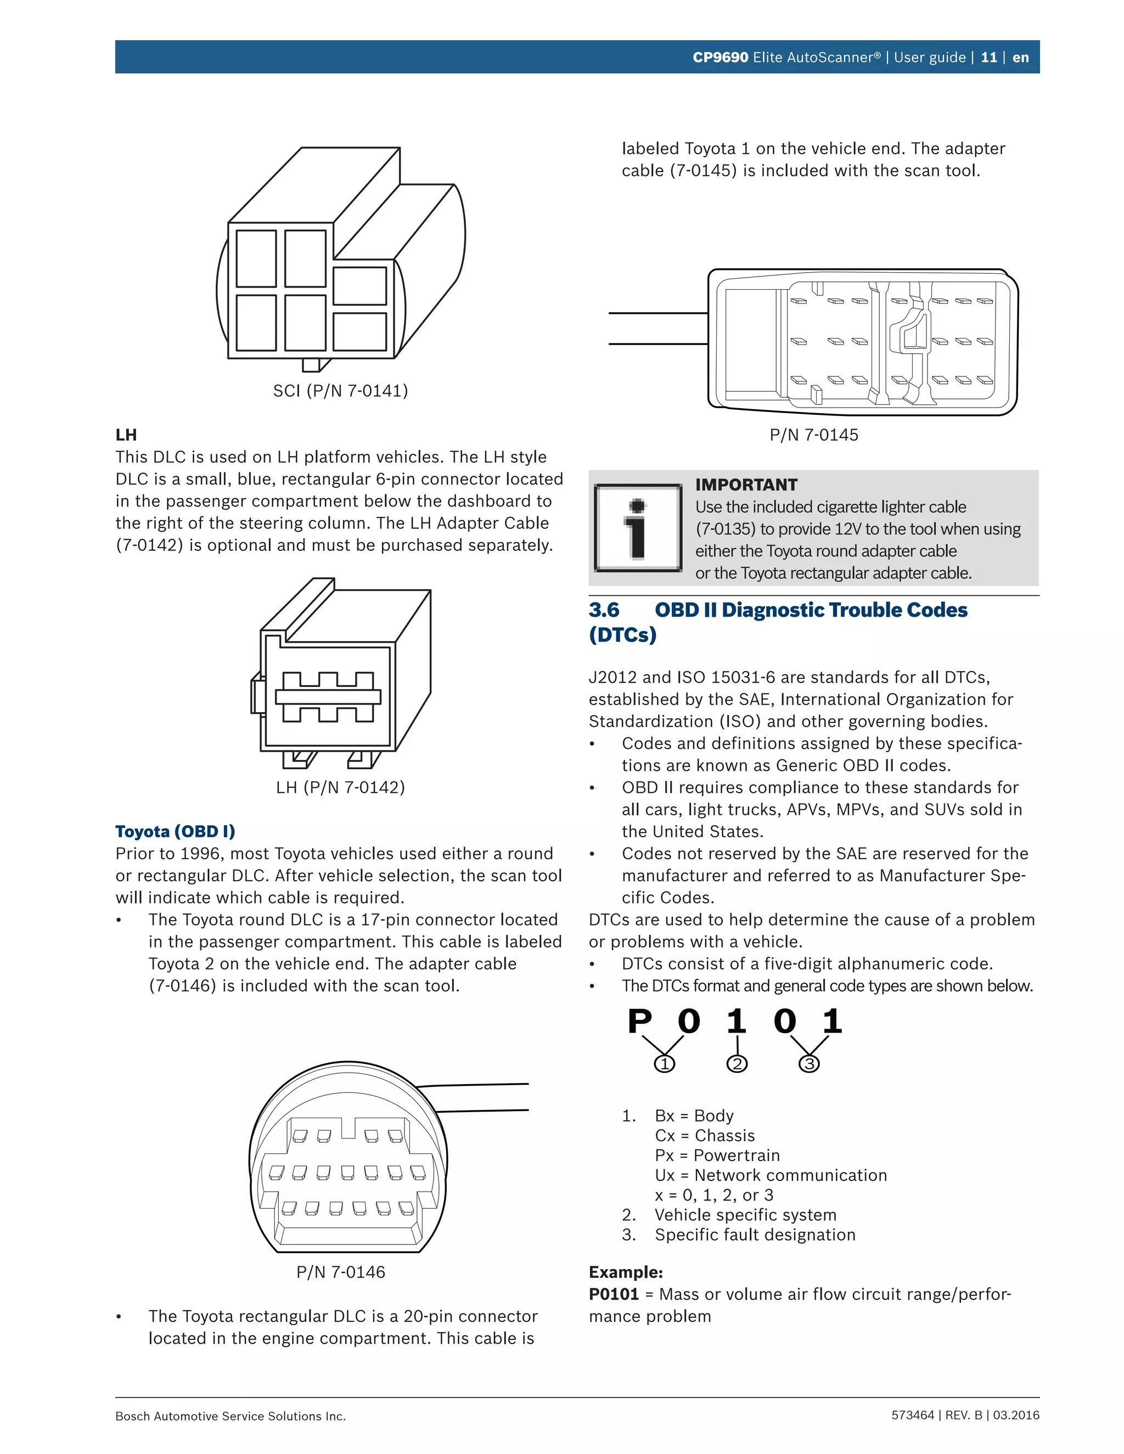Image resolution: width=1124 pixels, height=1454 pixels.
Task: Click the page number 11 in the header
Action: pyautogui.click(x=989, y=57)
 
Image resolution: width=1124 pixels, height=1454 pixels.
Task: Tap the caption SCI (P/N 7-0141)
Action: pyautogui.click(x=340, y=391)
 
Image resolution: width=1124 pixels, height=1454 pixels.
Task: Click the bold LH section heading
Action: pyautogui.click(x=126, y=435)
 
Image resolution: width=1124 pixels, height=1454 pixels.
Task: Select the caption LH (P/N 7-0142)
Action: pyautogui.click(x=340, y=787)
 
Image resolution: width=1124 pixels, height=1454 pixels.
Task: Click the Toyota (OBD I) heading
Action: pyautogui.click(x=175, y=831)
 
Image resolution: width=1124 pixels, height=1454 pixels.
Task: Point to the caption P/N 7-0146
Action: pyautogui.click(x=340, y=1272)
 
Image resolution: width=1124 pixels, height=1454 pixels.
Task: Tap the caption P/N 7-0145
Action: pyautogui.click(x=814, y=435)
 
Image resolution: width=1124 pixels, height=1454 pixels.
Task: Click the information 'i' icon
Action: pyautogui.click(x=638, y=528)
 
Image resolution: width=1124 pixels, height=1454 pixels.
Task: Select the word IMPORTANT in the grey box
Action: pyautogui.click(x=746, y=484)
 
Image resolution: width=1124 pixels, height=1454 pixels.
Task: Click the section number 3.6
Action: pyautogui.click(x=604, y=610)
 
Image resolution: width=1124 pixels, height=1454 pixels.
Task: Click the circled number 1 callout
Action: pyautogui.click(x=665, y=1064)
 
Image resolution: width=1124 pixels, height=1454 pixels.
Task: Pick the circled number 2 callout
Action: pyautogui.click(x=737, y=1064)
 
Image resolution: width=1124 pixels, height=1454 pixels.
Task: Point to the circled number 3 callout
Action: pyautogui.click(x=809, y=1064)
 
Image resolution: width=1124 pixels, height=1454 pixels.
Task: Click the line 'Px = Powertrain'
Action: pyautogui.click(x=717, y=1155)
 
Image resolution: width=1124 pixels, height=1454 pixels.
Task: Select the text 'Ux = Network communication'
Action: pyautogui.click(x=771, y=1175)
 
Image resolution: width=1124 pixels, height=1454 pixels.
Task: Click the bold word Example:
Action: pyautogui.click(x=625, y=1272)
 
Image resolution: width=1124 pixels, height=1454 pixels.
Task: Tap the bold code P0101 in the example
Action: pyautogui.click(x=613, y=1294)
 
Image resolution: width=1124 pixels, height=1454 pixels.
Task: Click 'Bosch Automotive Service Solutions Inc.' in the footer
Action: pyautogui.click(x=231, y=1416)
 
